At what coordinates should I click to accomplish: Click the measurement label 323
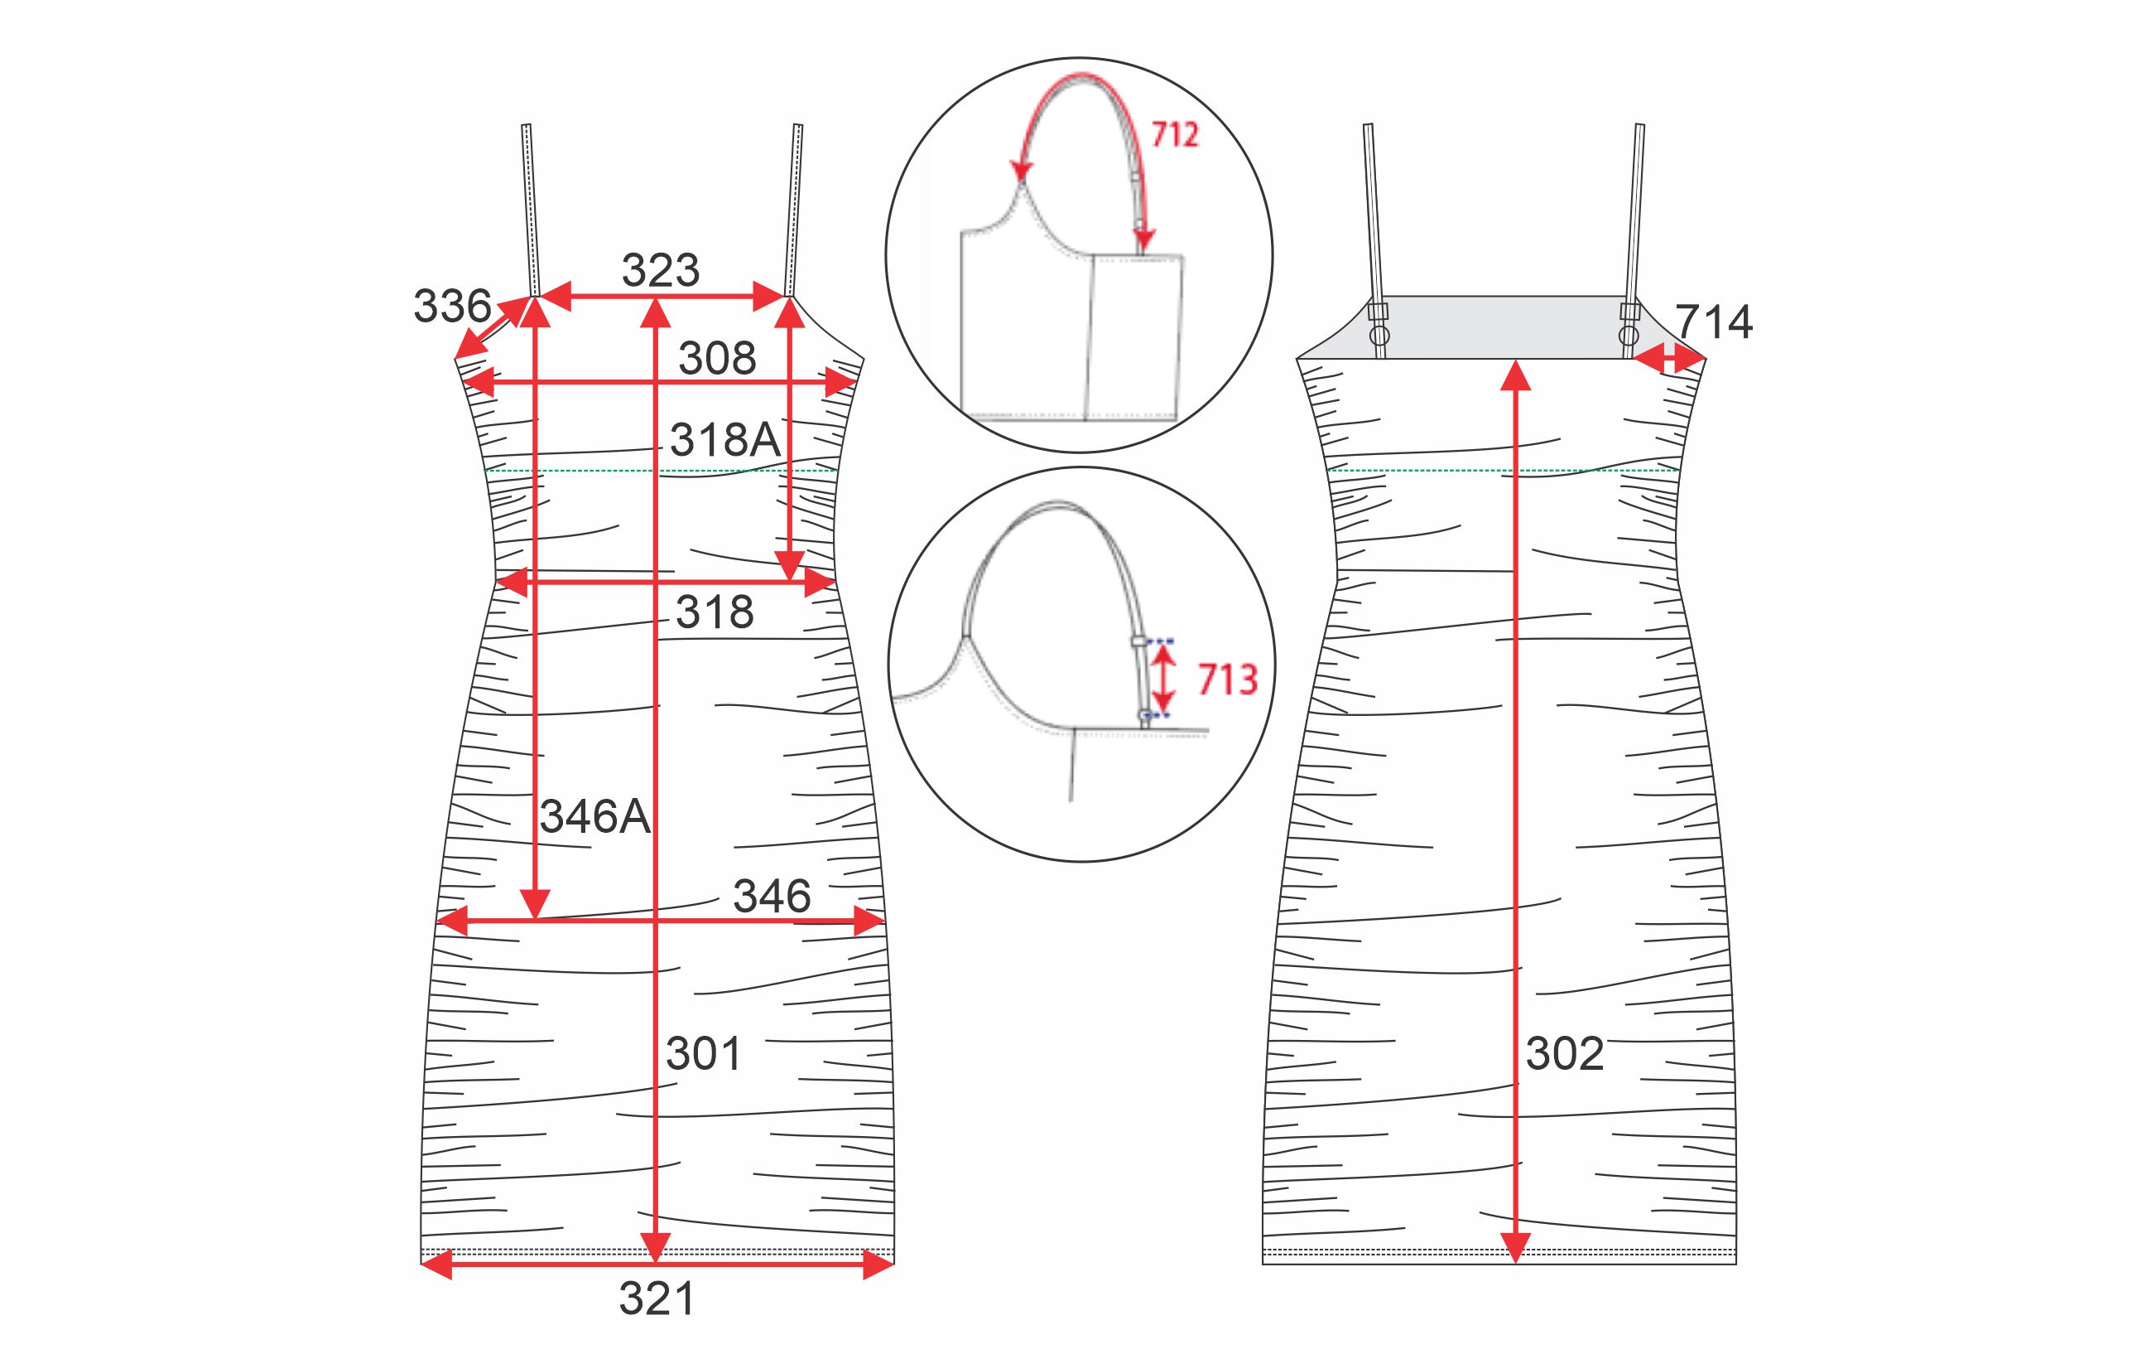coord(661,269)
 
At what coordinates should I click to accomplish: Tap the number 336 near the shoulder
coord(452,307)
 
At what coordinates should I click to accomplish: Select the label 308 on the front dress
coord(717,358)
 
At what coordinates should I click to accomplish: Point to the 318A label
coord(725,440)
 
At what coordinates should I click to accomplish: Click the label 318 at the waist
coord(715,612)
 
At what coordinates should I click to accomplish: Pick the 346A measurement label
coord(595,817)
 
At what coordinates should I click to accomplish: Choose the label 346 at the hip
coord(772,896)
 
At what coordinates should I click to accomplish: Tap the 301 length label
coord(704,1053)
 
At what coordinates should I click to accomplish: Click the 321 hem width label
coord(657,1299)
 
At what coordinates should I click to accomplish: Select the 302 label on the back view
coord(1564,1053)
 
